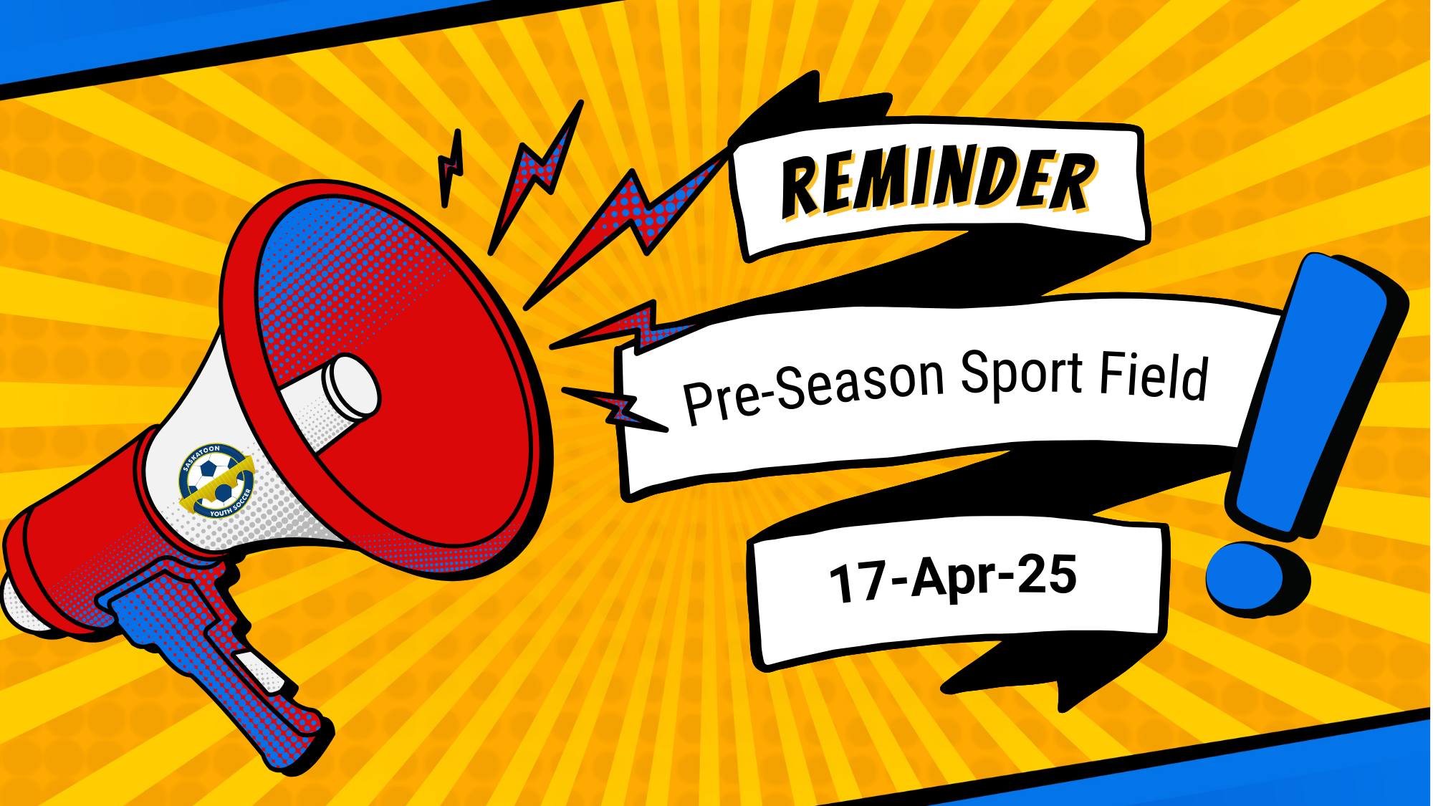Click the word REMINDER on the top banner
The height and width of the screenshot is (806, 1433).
click(x=939, y=183)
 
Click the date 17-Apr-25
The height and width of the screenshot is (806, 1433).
click(x=953, y=579)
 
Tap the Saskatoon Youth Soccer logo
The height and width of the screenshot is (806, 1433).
click(x=216, y=480)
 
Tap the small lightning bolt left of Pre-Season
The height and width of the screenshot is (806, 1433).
click(x=616, y=408)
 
